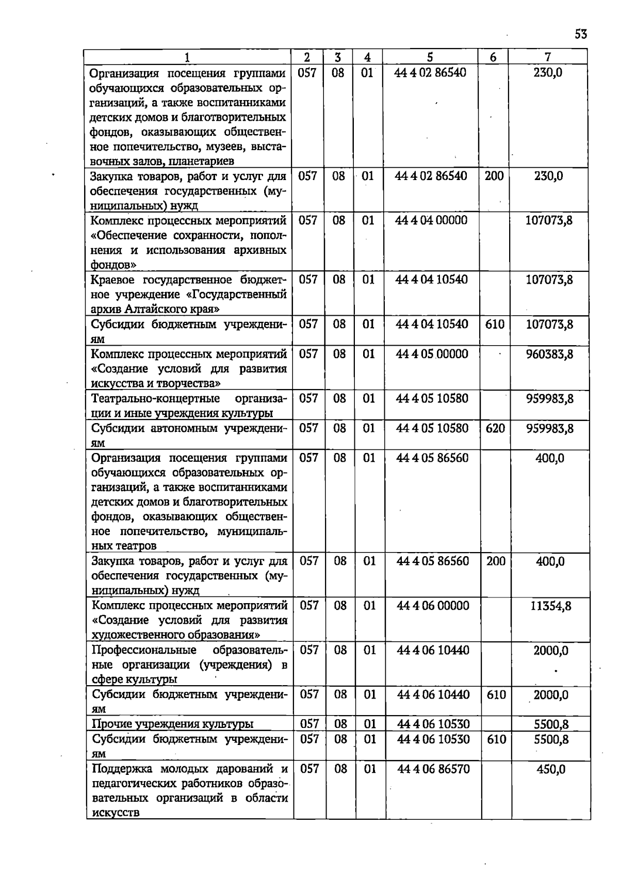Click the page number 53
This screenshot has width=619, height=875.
tap(580, 35)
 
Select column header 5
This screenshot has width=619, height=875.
tap(430, 57)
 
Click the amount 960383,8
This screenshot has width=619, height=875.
tap(549, 354)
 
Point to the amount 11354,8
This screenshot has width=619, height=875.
tap(551, 606)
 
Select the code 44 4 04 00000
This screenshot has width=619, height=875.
tap(431, 221)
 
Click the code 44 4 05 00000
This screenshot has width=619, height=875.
tap(432, 354)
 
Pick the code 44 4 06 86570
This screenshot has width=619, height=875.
tap(433, 769)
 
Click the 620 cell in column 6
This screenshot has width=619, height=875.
tap(495, 428)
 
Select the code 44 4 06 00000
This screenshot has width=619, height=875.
tap(433, 606)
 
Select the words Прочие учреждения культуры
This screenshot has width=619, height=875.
tap(172, 724)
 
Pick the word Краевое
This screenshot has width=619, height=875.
tap(112, 280)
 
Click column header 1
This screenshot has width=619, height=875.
tap(187, 57)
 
